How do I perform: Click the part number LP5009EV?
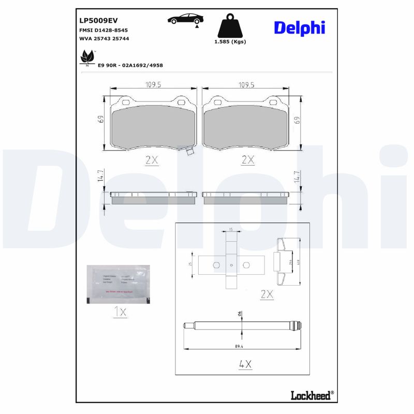coord(98,21)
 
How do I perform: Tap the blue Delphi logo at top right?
coord(299,28)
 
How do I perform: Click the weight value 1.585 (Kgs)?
coord(230,42)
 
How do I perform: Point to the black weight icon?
coord(230,26)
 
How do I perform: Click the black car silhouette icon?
coord(185,19)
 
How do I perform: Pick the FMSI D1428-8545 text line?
coord(103,31)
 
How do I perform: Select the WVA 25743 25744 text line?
coord(104,39)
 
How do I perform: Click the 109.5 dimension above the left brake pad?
coord(151,85)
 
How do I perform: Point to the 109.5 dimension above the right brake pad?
coord(245,85)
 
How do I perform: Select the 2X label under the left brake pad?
coord(151,160)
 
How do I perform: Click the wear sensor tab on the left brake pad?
coord(189,152)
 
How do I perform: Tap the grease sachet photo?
coord(118,284)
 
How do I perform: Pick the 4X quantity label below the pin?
coord(245,364)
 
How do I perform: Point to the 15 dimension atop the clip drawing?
coord(231,229)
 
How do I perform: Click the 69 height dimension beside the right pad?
coord(298,120)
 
